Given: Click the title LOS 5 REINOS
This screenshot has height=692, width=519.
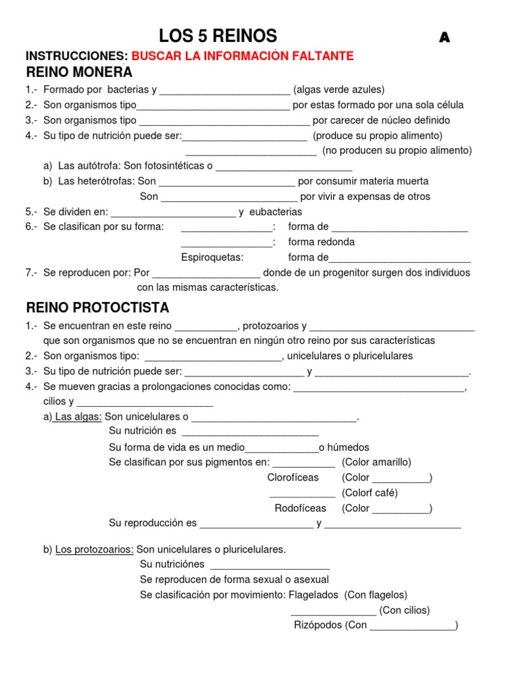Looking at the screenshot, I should [218, 36].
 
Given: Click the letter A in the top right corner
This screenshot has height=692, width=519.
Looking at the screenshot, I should [444, 39].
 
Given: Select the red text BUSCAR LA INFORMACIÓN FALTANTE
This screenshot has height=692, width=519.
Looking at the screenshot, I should [242, 56].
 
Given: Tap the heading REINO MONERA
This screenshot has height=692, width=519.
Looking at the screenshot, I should [79, 72].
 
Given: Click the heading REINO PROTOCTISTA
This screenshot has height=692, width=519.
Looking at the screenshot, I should [97, 308].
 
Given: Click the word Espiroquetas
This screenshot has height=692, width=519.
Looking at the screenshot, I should [212, 257].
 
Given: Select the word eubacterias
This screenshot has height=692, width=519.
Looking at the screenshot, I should [276, 212].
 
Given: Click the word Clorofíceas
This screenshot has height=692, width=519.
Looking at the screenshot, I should [293, 477].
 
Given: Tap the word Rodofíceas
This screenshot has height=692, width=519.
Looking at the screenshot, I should [300, 508].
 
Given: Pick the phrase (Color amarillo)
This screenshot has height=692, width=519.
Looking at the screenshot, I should [376, 462].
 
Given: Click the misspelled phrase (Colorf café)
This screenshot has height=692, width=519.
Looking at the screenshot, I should [370, 493].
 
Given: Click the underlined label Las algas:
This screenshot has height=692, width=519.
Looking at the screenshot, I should [78, 417].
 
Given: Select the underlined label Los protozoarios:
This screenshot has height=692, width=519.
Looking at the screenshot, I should [95, 549].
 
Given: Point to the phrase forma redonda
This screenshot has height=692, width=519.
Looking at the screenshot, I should [321, 242].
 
